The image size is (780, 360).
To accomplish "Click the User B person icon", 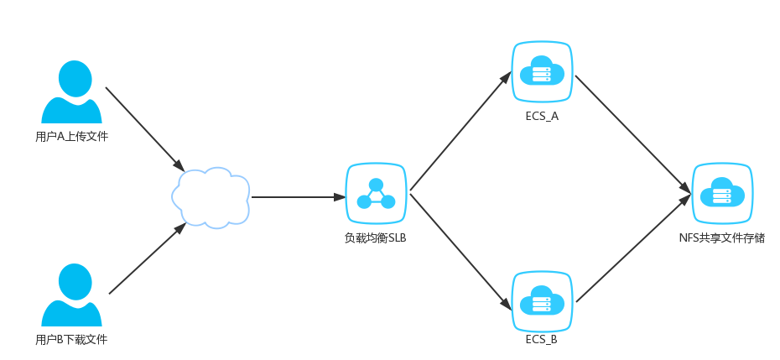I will click(72, 295).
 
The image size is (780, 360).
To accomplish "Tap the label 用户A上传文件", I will click(72, 136).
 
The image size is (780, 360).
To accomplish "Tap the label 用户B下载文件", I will click(72, 340).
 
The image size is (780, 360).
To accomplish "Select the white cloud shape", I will click(211, 197).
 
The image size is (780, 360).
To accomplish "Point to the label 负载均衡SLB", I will click(376, 237).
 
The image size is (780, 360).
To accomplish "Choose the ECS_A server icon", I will click(542, 74).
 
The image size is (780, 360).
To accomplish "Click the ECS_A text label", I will click(542, 116).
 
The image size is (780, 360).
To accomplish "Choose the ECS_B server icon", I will click(542, 300).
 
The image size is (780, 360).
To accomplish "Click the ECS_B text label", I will click(542, 340).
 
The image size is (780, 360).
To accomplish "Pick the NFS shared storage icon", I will click(722, 194).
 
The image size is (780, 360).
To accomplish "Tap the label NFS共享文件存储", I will click(722, 237).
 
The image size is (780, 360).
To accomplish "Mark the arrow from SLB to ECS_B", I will click(460, 250).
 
